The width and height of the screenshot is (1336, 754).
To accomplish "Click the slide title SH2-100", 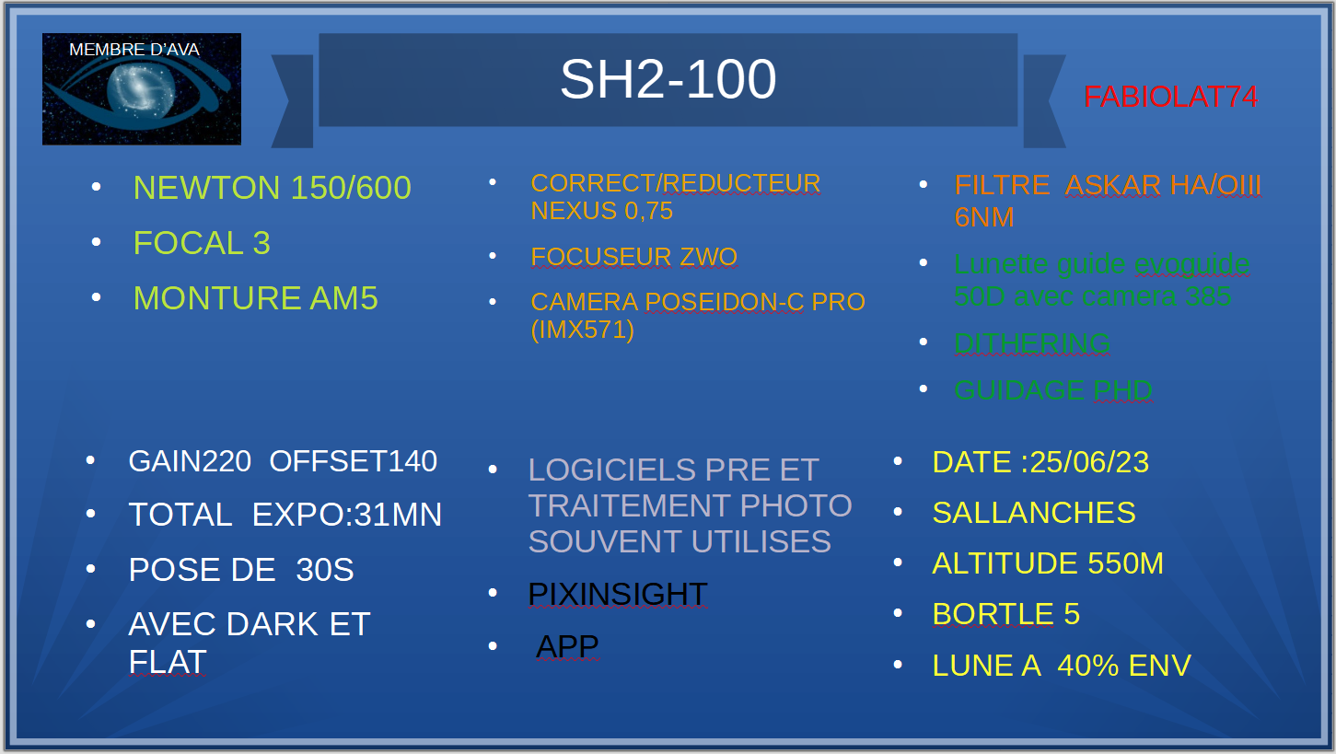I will click(668, 80).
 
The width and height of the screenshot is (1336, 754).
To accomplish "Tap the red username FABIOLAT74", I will click(1170, 97).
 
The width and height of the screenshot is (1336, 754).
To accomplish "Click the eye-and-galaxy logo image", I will click(142, 89).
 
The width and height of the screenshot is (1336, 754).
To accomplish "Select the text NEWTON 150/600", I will click(272, 188).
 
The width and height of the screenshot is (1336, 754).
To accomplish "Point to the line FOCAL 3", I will click(202, 243).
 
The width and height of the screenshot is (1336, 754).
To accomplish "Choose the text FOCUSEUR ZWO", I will click(633, 257).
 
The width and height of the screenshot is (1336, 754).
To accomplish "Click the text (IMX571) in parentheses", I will click(582, 330).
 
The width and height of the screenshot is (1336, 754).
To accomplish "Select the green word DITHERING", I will click(1031, 343).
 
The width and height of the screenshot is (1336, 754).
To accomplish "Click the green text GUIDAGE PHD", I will click(1052, 390).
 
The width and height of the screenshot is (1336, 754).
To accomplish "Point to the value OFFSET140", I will click(353, 461).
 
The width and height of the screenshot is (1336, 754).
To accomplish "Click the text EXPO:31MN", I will click(347, 515).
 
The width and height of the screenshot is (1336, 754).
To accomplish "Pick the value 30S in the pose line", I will click(324, 570).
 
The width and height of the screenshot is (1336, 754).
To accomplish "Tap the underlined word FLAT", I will click(168, 662).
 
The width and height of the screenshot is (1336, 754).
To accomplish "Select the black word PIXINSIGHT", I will click(617, 595).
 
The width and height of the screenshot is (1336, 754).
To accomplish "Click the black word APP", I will click(567, 646).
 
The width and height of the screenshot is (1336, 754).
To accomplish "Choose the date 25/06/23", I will click(1089, 462).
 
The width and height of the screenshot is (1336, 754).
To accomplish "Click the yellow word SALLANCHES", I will click(1033, 513).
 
